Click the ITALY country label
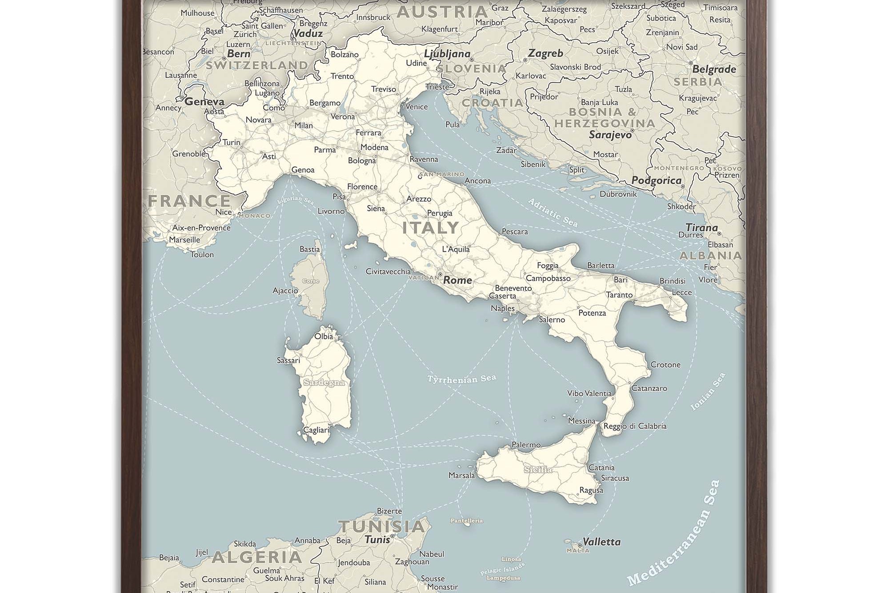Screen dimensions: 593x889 (x=430, y=228)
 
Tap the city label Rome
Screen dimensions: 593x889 (x=457, y=280)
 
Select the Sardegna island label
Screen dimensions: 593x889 (x=324, y=383)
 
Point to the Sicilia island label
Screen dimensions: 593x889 (x=538, y=469)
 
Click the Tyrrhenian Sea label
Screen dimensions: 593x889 (x=461, y=379)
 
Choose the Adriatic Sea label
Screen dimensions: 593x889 (x=553, y=213)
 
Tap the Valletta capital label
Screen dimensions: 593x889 (x=601, y=542)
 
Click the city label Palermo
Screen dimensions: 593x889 (x=526, y=445)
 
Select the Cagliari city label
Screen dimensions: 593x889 (x=316, y=430)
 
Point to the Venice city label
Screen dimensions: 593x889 (x=416, y=107)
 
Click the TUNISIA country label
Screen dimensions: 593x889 (x=382, y=526)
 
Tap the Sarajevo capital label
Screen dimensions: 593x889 (x=610, y=134)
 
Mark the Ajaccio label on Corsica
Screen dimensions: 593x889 (x=285, y=290)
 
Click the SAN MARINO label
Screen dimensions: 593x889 (x=442, y=174)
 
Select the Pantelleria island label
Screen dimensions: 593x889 (x=467, y=520)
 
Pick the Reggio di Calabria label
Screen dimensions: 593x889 (x=635, y=426)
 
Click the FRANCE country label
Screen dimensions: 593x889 (x=189, y=201)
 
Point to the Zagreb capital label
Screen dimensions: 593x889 (x=545, y=53)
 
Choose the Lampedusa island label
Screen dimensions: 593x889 (x=503, y=578)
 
